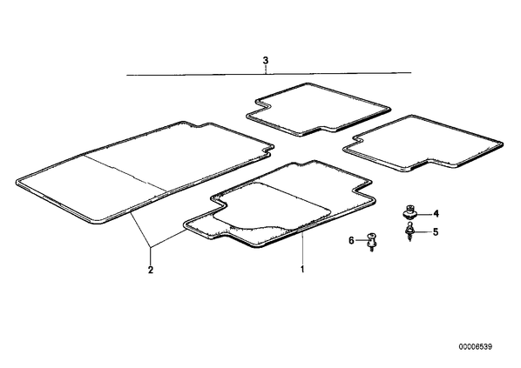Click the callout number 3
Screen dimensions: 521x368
click(x=265, y=61)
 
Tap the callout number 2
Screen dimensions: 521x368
click(x=151, y=270)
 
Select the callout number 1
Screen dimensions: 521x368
click(x=302, y=269)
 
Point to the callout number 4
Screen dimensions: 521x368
click(x=436, y=214)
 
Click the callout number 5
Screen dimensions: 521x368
click(x=436, y=231)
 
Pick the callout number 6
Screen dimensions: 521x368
click(x=351, y=240)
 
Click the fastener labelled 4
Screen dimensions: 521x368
click(x=409, y=212)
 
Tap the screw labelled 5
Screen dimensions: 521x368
click(x=409, y=231)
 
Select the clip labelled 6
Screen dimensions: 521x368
click(x=371, y=242)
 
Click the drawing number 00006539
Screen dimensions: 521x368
click(x=476, y=347)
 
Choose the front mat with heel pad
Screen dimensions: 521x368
click(x=280, y=204)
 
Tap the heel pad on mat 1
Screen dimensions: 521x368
click(x=272, y=206)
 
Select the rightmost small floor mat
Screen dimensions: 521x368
click(x=423, y=143)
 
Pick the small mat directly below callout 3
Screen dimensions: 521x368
click(x=318, y=110)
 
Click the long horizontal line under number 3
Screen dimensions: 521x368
click(x=269, y=74)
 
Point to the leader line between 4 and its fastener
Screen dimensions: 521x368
click(x=424, y=214)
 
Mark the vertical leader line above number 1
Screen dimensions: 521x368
click(x=302, y=249)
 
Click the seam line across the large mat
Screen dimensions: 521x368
click(x=125, y=172)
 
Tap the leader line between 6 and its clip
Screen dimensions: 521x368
click(x=362, y=240)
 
